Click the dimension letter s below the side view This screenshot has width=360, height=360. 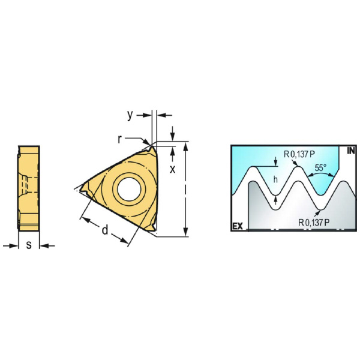(29, 245)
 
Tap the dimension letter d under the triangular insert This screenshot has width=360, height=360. (105, 230)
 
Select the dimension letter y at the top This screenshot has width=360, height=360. (130, 115)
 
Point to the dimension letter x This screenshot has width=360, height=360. (172, 169)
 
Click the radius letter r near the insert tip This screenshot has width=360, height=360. (119, 139)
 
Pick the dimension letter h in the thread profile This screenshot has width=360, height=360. (275, 179)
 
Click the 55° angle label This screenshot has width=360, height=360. (321, 168)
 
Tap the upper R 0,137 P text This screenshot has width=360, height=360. (299, 154)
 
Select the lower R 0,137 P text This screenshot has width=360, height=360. (314, 222)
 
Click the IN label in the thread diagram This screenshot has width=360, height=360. (351, 151)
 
